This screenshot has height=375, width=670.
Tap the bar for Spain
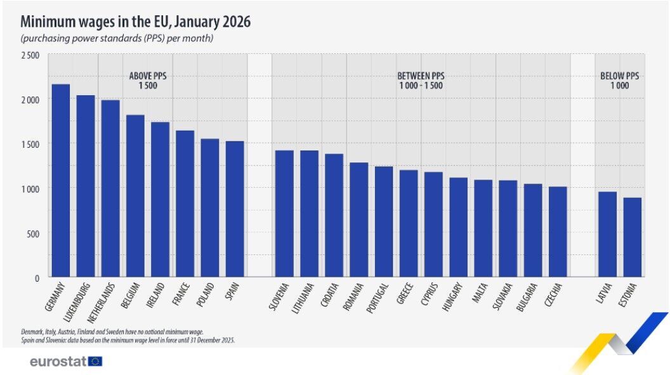[x=235, y=209]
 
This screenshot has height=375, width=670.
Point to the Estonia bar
[x=632, y=237]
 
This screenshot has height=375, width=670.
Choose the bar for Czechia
[x=558, y=232]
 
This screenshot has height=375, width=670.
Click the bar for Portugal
[x=384, y=221]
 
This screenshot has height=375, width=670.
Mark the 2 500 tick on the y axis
[x=29, y=55]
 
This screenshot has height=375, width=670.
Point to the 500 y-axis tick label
[x=32, y=233]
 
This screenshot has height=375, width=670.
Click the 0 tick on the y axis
[x=36, y=278]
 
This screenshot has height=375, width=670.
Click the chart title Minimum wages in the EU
[x=136, y=22]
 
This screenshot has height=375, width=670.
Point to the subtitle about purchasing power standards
[x=117, y=39]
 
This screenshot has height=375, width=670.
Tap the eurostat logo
[x=66, y=362]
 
